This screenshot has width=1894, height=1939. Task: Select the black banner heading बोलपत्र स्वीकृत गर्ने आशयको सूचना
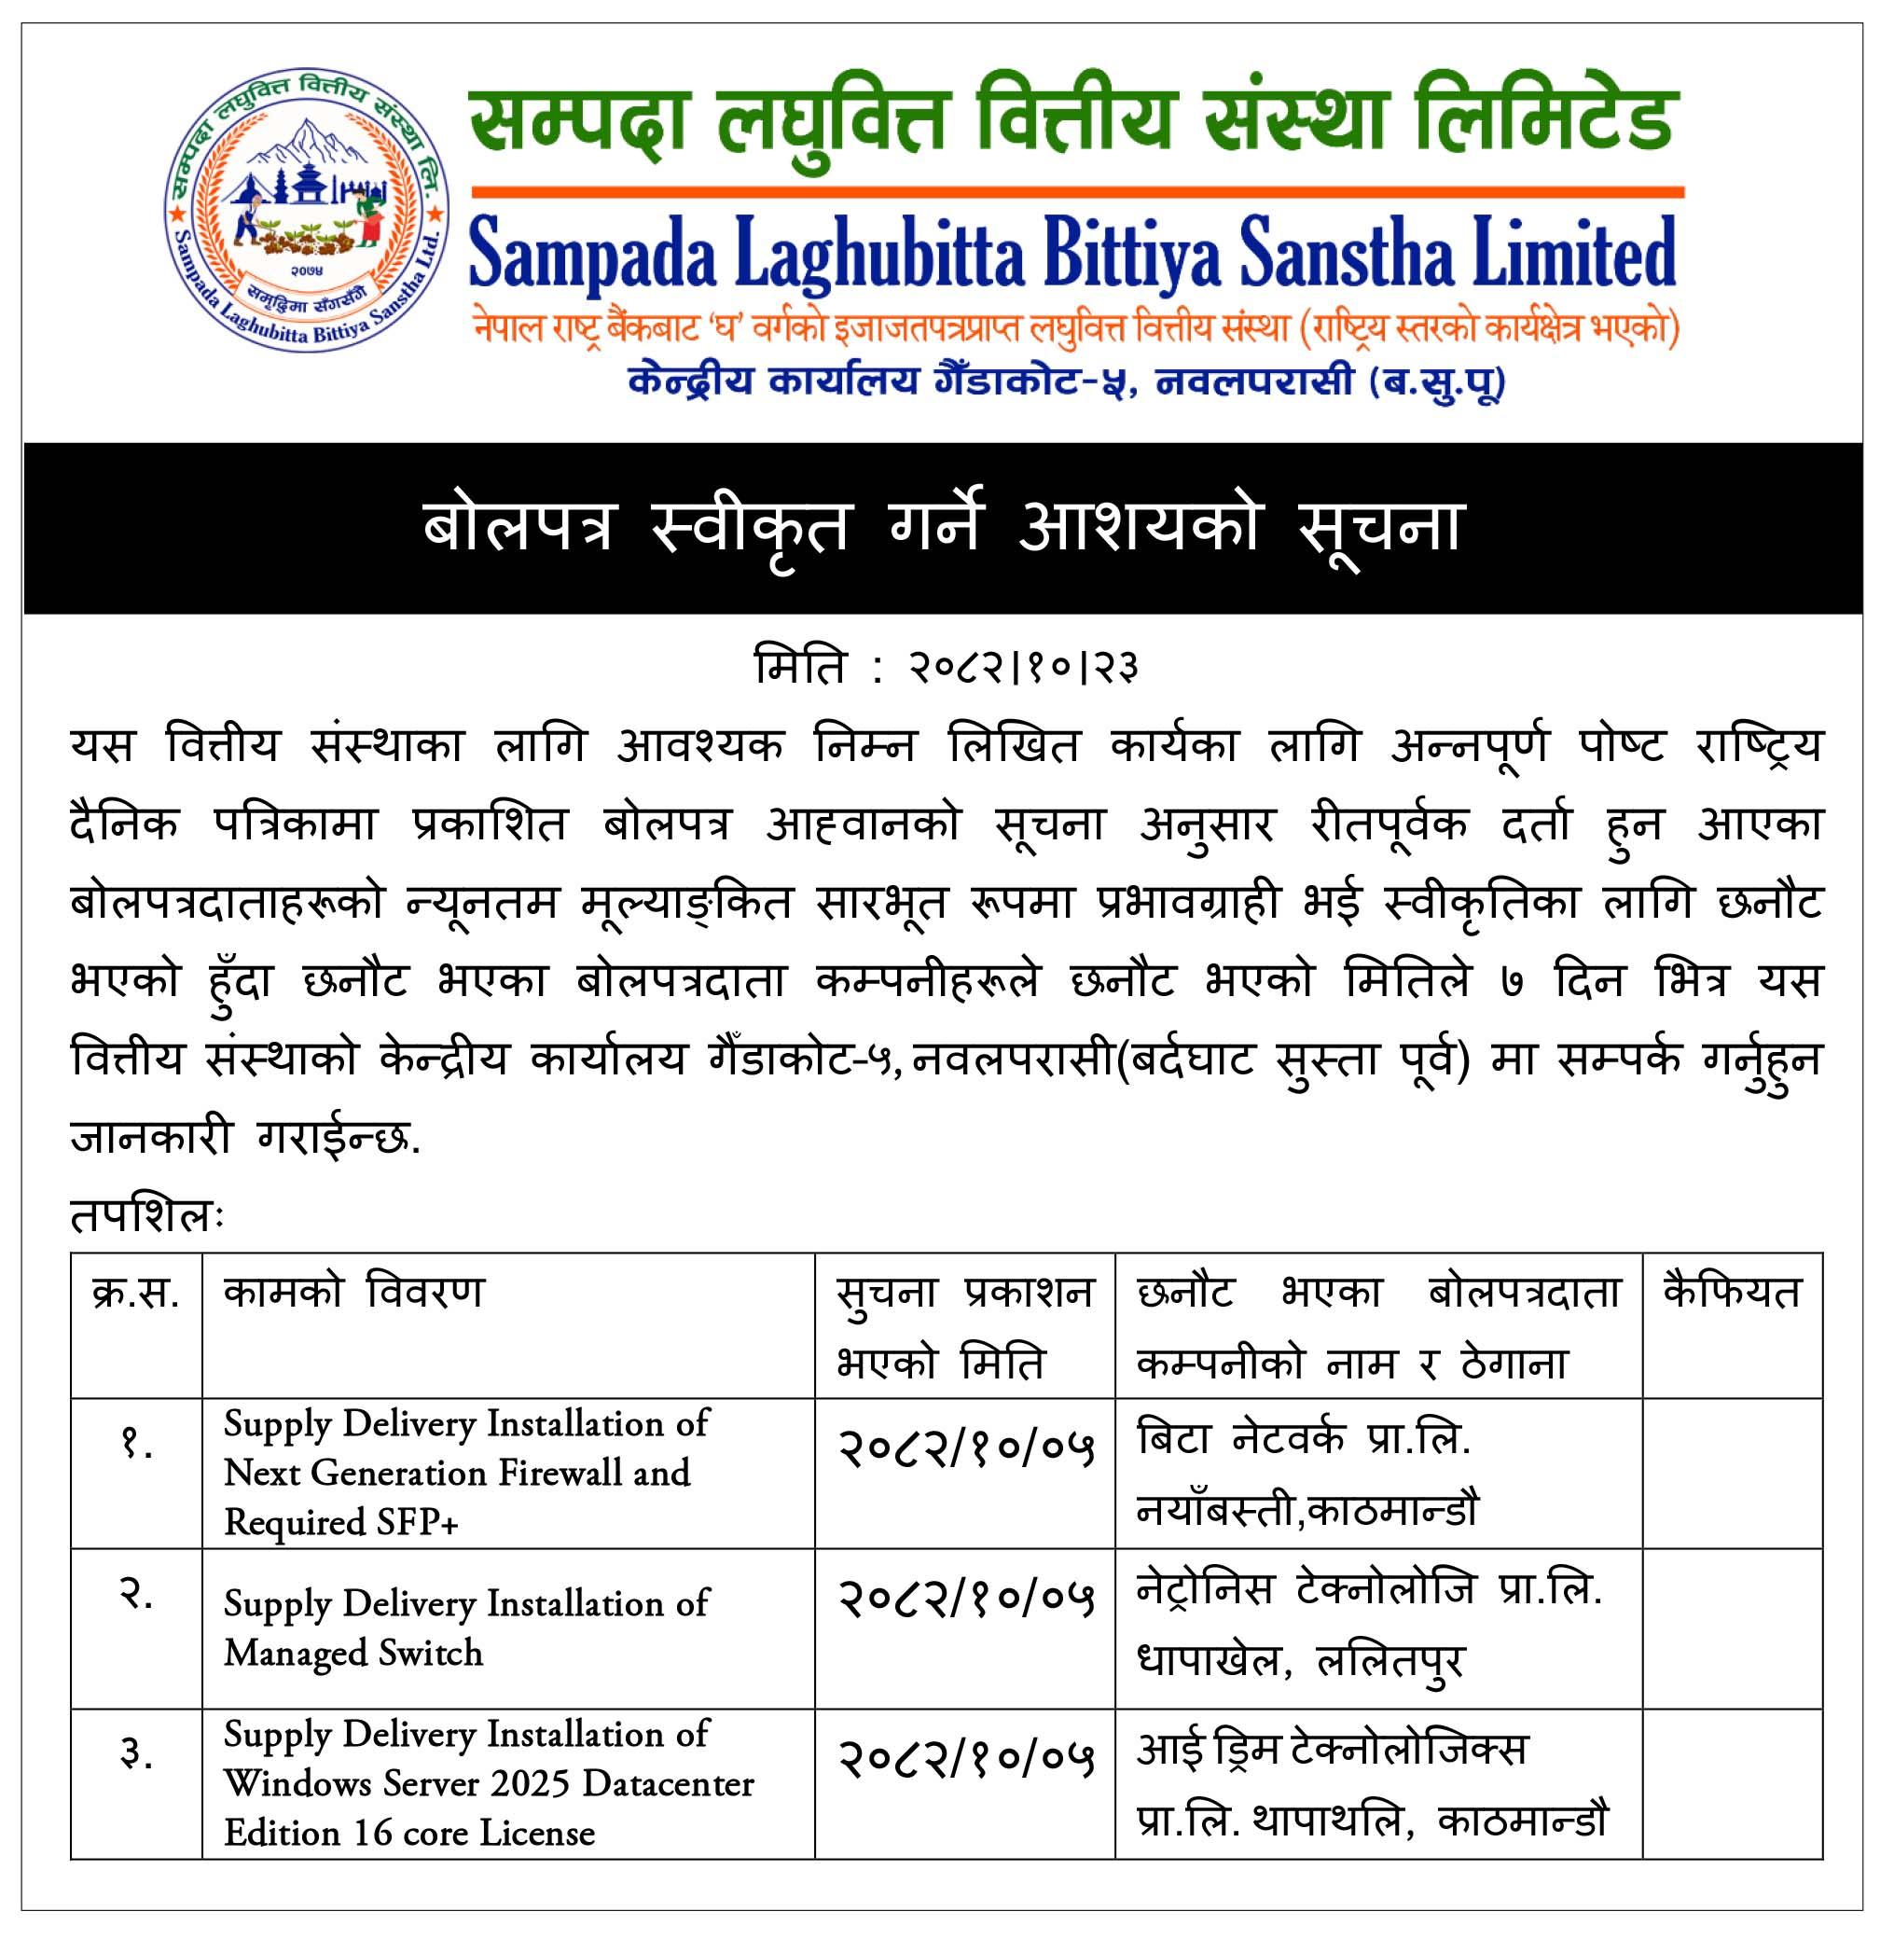(x=943, y=527)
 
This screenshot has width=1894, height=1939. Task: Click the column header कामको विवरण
(x=354, y=1294)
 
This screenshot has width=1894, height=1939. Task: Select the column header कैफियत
(x=1732, y=1294)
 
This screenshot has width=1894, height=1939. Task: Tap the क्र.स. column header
(x=136, y=1294)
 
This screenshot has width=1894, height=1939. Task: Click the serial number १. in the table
(x=136, y=1444)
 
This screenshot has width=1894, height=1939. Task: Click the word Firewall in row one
(x=559, y=1473)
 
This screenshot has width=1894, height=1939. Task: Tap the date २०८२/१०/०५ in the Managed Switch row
(x=965, y=1599)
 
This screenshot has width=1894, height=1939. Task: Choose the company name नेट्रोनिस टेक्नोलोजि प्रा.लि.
(x=1369, y=1591)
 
